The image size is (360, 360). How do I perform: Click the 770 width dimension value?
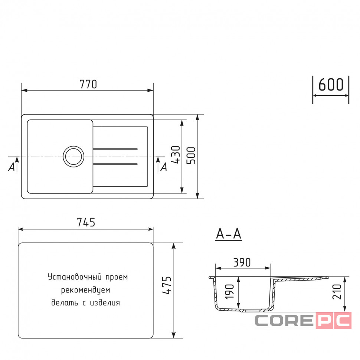click(88, 84)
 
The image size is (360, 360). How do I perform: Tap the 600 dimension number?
click(331, 85)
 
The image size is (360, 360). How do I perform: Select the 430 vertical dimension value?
click(176, 155)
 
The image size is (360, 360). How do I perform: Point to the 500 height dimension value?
click(191, 156)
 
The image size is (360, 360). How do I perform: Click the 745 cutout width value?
click(86, 222)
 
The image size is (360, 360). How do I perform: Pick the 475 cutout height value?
click(167, 285)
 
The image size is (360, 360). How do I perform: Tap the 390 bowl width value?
click(242, 262)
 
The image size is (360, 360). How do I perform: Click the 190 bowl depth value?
click(229, 292)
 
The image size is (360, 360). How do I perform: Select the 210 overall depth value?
click(337, 292)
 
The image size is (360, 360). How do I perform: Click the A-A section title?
click(229, 234)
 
